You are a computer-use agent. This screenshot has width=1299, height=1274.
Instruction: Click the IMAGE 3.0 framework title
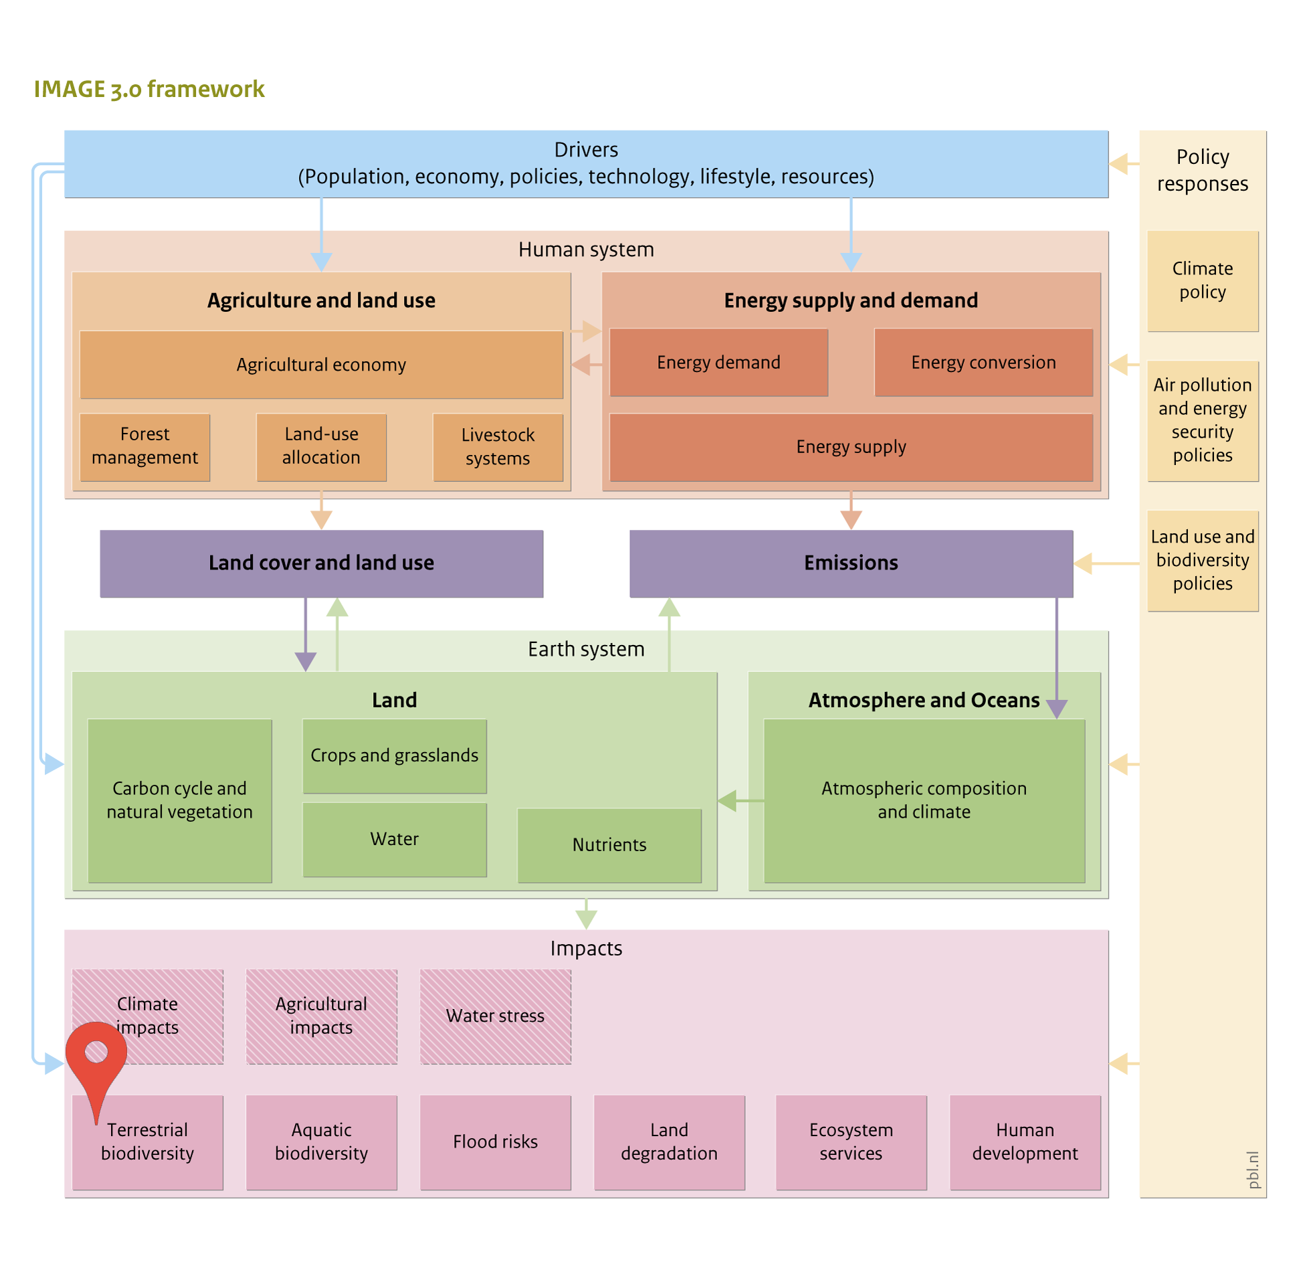149,89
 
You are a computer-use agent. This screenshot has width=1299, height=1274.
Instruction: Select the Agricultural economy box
321,365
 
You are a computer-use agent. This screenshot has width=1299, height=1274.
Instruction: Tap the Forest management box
144,447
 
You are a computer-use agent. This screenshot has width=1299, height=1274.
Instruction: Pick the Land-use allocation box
321,447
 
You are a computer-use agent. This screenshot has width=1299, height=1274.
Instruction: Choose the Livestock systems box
498,447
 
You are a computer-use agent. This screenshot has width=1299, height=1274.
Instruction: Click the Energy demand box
718,362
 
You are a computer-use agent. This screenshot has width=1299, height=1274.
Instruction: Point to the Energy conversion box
983,362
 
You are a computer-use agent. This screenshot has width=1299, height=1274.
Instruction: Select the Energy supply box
851,447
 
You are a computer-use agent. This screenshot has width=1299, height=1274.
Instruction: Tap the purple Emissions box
851,563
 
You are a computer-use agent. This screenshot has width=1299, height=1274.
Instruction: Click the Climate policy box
1203,281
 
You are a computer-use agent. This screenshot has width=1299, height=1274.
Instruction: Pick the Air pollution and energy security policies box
1203,421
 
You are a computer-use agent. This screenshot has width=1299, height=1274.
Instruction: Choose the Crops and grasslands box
395,756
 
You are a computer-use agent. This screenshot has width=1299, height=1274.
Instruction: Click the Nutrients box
609,845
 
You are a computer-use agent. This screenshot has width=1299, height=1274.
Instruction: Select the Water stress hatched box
496,1016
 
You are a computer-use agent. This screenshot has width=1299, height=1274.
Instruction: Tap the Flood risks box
496,1142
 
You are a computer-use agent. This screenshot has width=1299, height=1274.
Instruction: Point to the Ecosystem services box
851,1142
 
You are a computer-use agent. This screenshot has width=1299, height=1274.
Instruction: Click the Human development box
1025,1142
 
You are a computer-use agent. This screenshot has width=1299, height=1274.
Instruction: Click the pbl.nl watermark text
1253,1170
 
